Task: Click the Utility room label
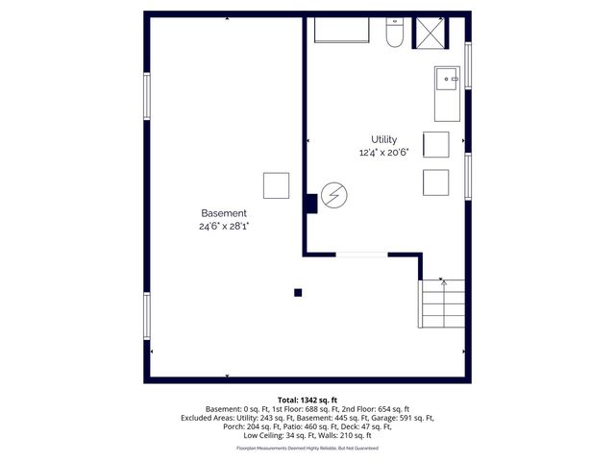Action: click(384, 139)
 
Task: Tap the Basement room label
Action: click(224, 213)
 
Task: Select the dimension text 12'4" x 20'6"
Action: click(384, 152)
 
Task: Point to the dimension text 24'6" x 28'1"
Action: click(224, 227)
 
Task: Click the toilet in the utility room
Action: click(393, 33)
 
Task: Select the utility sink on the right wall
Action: click(447, 92)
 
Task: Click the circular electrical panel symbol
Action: click(334, 197)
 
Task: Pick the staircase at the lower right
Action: click(442, 303)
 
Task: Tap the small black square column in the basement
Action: click(299, 293)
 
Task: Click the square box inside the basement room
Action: click(277, 185)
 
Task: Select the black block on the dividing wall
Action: click(311, 204)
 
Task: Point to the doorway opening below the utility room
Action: click(361, 255)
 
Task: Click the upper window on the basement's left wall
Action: click(147, 97)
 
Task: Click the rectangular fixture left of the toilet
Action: click(343, 30)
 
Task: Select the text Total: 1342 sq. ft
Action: click(307, 399)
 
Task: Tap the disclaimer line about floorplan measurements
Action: click(307, 448)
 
